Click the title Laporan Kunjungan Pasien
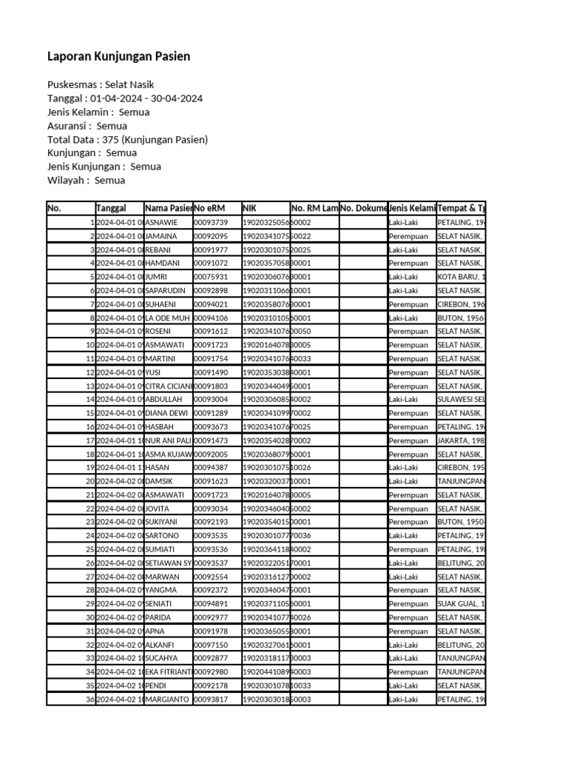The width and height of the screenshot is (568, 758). click(118, 56)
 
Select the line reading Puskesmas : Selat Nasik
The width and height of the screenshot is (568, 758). click(101, 85)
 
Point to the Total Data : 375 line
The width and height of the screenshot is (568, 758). click(127, 139)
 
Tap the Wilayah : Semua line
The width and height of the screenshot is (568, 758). click(86, 180)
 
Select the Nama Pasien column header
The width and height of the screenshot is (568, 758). click(169, 208)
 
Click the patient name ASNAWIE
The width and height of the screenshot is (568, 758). click(161, 222)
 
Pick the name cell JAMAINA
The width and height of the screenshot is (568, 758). click(161, 236)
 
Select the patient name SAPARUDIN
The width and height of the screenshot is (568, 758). click(166, 290)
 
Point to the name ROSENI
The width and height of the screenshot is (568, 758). click(158, 331)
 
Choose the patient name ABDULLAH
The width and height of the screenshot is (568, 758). click(163, 399)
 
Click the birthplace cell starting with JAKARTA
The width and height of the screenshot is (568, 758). click(460, 440)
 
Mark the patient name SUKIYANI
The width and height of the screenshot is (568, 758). click(163, 522)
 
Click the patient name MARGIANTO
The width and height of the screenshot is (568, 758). click(167, 700)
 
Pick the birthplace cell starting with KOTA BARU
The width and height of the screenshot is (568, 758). click(460, 277)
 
